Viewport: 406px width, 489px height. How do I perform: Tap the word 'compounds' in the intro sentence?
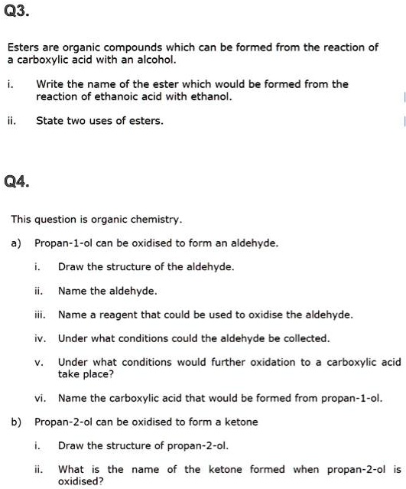pyautogui.click(x=127, y=47)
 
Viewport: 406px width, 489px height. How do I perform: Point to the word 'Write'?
pyautogui.click(x=50, y=84)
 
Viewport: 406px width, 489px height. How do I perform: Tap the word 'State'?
pyautogui.click(x=49, y=120)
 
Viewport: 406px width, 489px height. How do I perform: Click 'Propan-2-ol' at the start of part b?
pyautogui.click(x=62, y=422)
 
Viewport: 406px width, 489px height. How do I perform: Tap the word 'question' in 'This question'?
pyautogui.click(x=60, y=220)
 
